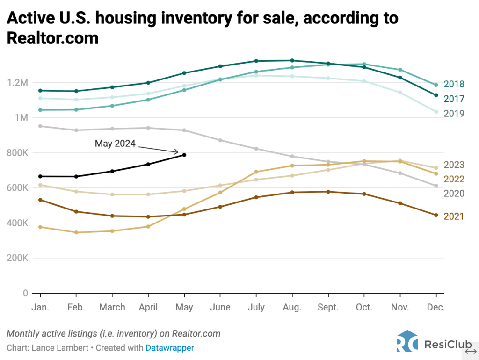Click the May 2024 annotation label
click(115, 144)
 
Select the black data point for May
click(184, 155)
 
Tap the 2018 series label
click(453, 84)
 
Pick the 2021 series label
click(453, 216)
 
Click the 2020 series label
click(453, 193)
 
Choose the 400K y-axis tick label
click(17, 223)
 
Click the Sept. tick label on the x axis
click(328, 307)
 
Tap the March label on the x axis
click(112, 307)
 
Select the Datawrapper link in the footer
click(170, 348)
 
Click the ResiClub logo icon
click(407, 342)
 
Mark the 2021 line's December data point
click(436, 215)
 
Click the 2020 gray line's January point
click(40, 126)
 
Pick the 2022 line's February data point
click(76, 232)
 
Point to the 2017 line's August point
click(292, 60)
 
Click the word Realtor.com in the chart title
click(52, 38)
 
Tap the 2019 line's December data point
click(436, 112)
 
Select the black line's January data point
click(40, 176)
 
